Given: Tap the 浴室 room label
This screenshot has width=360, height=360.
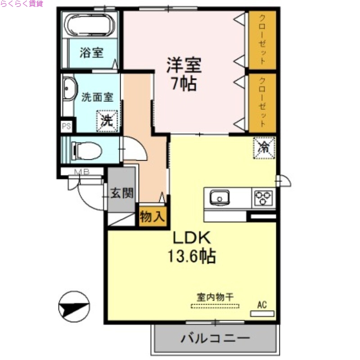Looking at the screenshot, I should [x=91, y=53].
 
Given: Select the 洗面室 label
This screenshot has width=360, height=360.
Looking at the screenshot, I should [x=97, y=96].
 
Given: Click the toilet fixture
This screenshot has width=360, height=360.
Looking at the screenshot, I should [x=87, y=150].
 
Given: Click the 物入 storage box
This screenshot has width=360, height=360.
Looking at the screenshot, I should [x=153, y=217].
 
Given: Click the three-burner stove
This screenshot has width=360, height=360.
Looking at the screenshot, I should [x=264, y=197].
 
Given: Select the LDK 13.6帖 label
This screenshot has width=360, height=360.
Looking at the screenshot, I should [x=192, y=247].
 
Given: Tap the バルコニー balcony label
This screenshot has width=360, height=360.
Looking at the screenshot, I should [x=215, y=338].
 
